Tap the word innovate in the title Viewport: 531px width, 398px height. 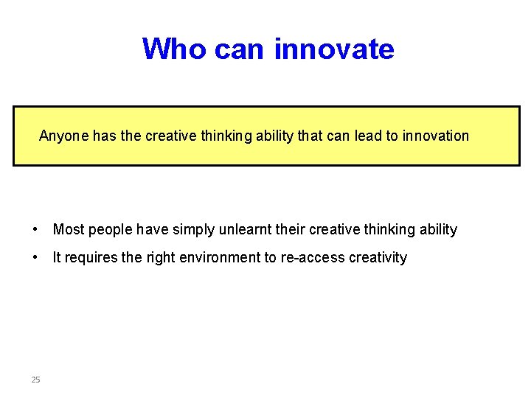pyautogui.click(x=334, y=49)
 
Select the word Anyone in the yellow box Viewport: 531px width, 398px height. pyautogui.click(x=63, y=136)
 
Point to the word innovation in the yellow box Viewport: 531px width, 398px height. pyautogui.click(x=435, y=136)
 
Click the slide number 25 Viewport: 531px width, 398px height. pyautogui.click(x=35, y=380)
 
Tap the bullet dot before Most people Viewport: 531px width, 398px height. pyautogui.click(x=35, y=229)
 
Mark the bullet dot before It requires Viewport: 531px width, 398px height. pyautogui.click(x=35, y=257)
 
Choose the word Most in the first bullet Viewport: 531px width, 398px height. pyautogui.click(x=69, y=229)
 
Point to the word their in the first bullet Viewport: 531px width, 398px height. pyautogui.click(x=291, y=229)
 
